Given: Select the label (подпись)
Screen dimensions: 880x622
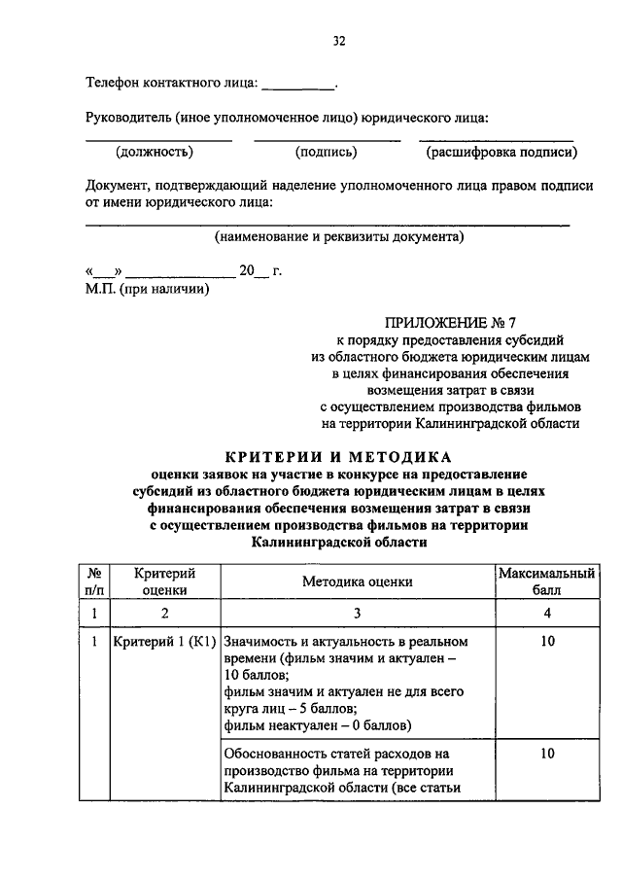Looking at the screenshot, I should pyautogui.click(x=326, y=152).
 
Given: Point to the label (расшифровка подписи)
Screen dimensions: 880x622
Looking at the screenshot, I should pyautogui.click(x=501, y=152).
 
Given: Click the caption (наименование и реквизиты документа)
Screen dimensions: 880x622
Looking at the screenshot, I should pyautogui.click(x=339, y=236).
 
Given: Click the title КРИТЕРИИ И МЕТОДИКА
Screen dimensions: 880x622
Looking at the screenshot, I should pyautogui.click(x=338, y=455).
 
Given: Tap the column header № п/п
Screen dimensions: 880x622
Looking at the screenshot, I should pyautogui.click(x=94, y=581).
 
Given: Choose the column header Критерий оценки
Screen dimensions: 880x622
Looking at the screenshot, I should pyautogui.click(x=164, y=581).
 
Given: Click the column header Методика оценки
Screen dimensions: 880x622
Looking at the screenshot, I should pyautogui.click(x=357, y=581).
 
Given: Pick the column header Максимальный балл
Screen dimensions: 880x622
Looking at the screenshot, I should pyautogui.click(x=546, y=581).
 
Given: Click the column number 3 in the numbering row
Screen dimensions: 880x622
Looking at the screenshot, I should pyautogui.click(x=357, y=614).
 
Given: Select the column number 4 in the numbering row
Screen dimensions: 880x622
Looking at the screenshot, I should pyautogui.click(x=547, y=614).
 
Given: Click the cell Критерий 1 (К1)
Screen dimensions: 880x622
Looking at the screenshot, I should pyautogui.click(x=163, y=643).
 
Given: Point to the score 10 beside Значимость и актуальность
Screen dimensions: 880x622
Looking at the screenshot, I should pyautogui.click(x=547, y=643).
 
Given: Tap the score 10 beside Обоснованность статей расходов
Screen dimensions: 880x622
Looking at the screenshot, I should pyautogui.click(x=547, y=753).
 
